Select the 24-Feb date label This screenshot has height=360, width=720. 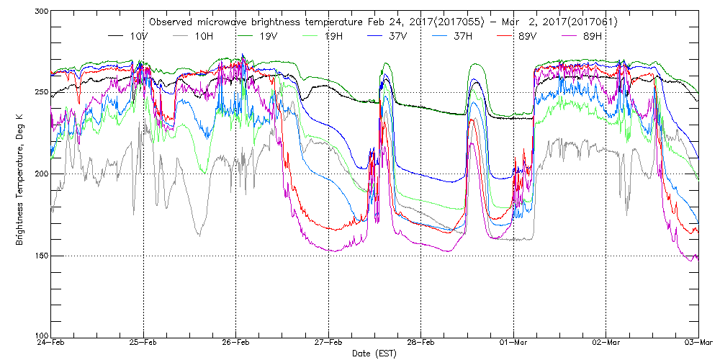(x=50, y=343)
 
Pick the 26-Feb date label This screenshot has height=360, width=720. (x=235, y=343)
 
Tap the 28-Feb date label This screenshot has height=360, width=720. (x=420, y=343)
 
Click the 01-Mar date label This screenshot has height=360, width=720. (x=513, y=343)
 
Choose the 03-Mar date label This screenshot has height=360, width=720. (x=698, y=343)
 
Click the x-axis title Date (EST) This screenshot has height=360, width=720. (x=374, y=354)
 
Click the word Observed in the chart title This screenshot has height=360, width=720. (x=173, y=22)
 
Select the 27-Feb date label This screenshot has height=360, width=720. (x=328, y=343)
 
